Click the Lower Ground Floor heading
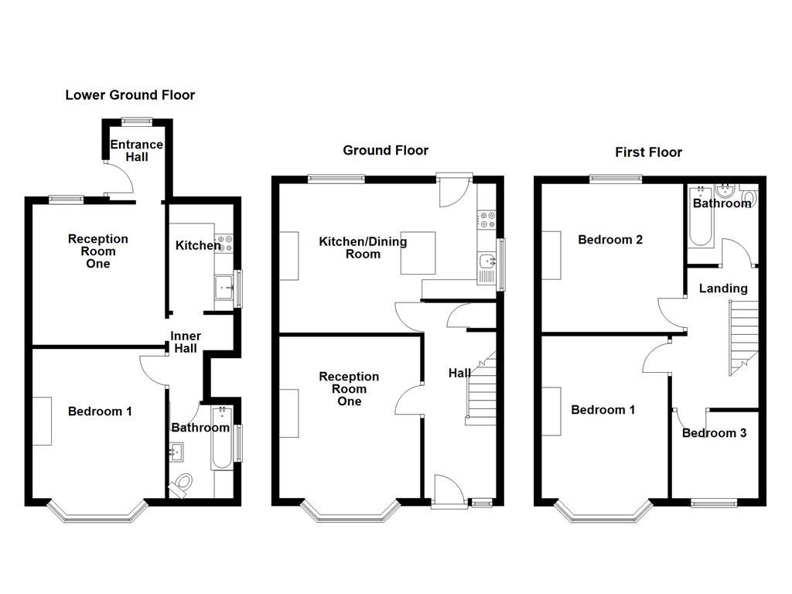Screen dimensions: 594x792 130,95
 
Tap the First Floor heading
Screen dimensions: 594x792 648,152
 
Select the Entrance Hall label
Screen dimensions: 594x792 136,151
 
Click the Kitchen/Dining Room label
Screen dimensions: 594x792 363,247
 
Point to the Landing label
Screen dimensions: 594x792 723,288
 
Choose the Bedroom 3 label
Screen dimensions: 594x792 714,433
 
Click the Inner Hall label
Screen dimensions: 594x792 186,342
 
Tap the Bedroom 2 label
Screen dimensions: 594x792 610,240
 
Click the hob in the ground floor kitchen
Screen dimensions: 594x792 486,220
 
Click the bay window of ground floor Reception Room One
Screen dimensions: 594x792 350,513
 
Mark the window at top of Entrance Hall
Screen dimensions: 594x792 137,120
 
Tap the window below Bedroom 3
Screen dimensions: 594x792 714,503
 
